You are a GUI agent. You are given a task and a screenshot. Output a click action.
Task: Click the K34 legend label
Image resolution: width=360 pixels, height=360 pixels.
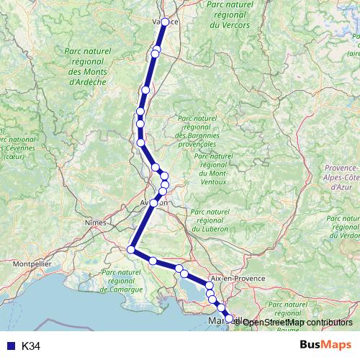[31, 346]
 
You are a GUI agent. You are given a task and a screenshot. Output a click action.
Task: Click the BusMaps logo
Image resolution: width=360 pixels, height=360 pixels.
[326, 346]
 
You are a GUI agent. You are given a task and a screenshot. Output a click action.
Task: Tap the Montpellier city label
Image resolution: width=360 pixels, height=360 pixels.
[32, 264]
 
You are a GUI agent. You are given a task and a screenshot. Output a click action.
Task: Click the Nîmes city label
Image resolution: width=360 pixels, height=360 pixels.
[95, 223]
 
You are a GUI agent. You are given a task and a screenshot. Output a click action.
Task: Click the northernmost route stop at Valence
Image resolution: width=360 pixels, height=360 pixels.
[166, 22]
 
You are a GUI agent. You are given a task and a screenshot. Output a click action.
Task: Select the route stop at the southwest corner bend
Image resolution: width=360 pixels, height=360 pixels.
[130, 250]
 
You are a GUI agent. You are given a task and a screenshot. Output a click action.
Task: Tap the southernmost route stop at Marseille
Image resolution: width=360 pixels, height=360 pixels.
[230, 318]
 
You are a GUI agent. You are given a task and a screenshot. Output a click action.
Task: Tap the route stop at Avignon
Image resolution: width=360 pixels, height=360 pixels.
[153, 204]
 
